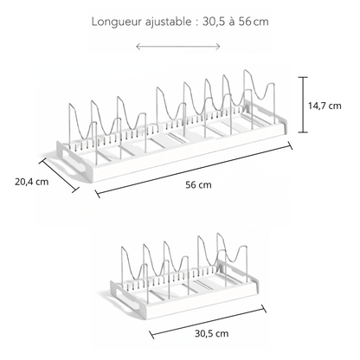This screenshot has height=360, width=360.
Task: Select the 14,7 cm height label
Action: point(325,106)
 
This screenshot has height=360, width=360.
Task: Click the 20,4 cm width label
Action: point(32,182)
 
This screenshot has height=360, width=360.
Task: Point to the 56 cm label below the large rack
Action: point(198,184)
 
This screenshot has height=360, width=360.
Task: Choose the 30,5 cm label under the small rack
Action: point(212,333)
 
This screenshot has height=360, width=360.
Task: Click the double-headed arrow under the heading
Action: point(178,47)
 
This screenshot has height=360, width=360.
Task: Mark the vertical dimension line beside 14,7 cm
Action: point(303,105)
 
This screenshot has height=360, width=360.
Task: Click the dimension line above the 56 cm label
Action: point(194,170)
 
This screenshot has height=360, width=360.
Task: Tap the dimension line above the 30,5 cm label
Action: point(208,322)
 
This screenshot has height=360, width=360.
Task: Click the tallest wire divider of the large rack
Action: point(258,98)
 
